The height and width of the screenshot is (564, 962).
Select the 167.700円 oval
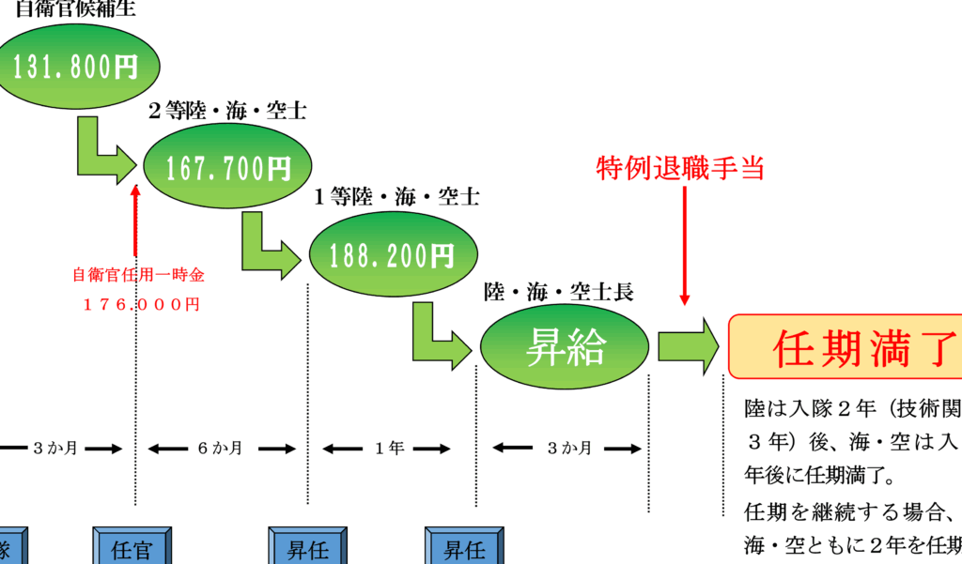[x=228, y=168]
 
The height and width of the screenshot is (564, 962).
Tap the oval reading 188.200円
[x=393, y=255]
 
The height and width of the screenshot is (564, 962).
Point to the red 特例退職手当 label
[x=683, y=168]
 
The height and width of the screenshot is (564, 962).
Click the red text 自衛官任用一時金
[x=139, y=276]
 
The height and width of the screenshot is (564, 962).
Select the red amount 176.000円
[x=139, y=304]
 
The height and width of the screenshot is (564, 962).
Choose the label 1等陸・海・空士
[x=396, y=198]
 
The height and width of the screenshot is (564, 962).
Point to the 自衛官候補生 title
[x=75, y=11]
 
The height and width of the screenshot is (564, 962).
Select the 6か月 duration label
[x=220, y=448]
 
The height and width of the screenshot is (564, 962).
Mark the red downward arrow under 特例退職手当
[x=684, y=244]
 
